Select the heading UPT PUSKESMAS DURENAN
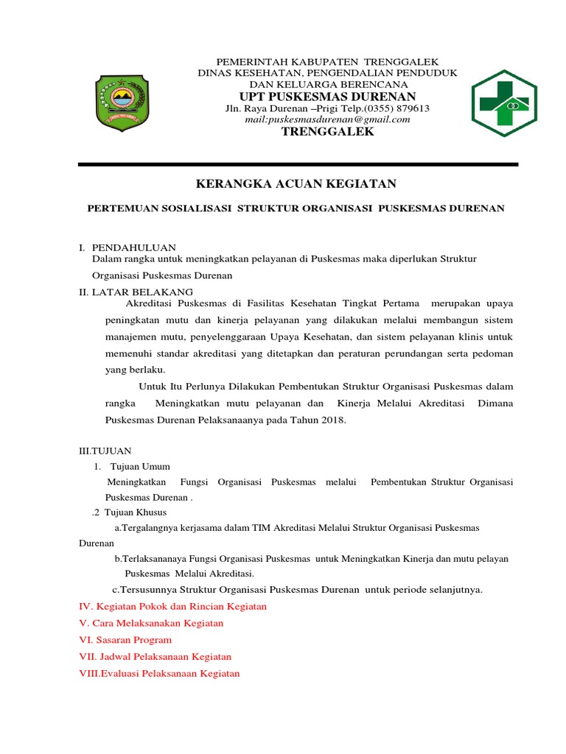pyautogui.click(x=327, y=97)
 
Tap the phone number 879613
pyautogui.click(x=413, y=109)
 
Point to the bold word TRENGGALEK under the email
pyautogui.click(x=327, y=132)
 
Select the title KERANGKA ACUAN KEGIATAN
pyautogui.click(x=296, y=183)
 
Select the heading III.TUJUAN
pyautogui.click(x=105, y=451)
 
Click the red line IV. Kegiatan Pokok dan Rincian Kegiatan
pyautogui.click(x=172, y=606)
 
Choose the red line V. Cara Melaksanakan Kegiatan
pyautogui.click(x=151, y=623)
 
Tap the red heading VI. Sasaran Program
pyautogui.click(x=125, y=640)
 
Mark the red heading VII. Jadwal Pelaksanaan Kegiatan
pyautogui.click(x=155, y=657)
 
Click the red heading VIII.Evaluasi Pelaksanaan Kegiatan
pyautogui.click(x=159, y=674)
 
